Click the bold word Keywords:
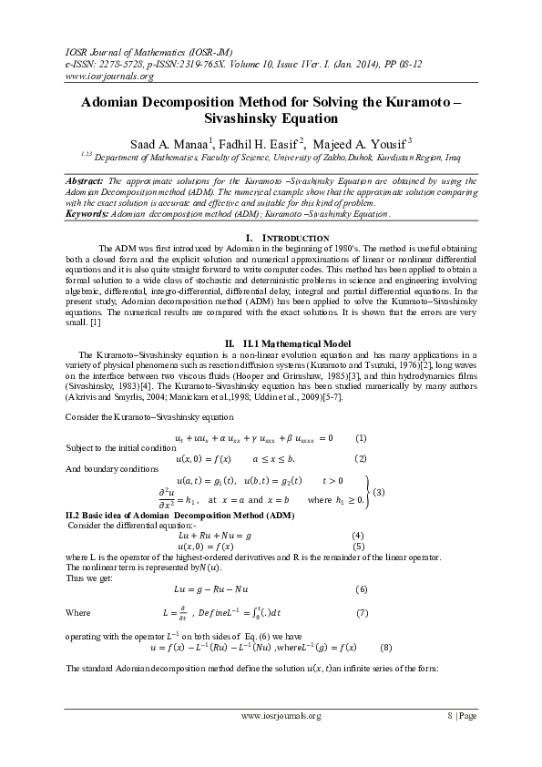(87, 214)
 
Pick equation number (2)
(361, 457)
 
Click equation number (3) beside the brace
(379, 493)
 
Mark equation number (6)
(362, 589)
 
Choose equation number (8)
(386, 648)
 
